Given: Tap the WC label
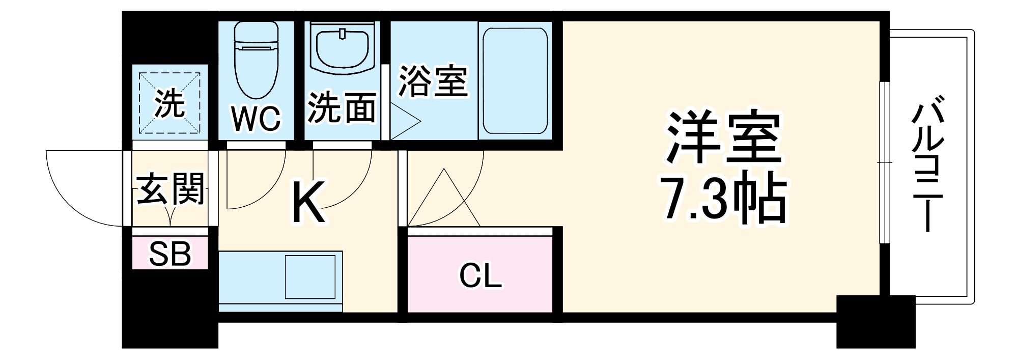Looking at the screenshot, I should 256,119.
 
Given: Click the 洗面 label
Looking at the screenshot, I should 342,108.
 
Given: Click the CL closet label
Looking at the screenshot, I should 480,276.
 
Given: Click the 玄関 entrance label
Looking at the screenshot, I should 171,188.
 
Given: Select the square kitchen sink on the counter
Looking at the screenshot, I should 310,277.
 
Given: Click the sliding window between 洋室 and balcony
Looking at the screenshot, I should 885,162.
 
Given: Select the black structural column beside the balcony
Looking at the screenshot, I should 875,321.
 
